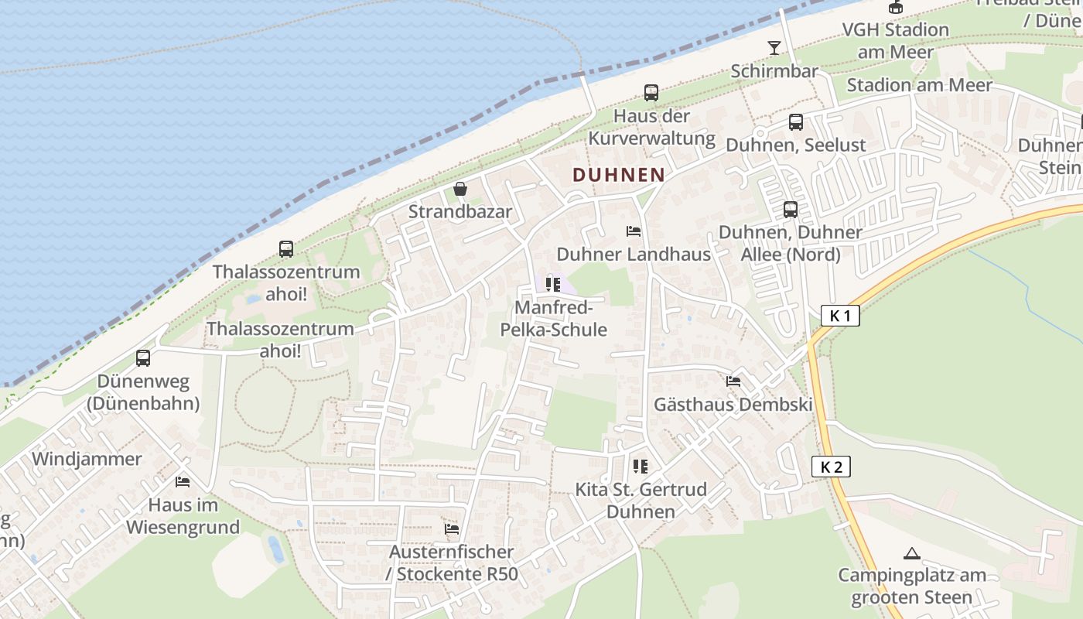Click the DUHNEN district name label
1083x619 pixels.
coord(619,175)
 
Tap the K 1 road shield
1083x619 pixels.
coord(839,316)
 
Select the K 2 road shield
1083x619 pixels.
coord(831,467)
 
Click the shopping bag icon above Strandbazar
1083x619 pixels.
coord(460,189)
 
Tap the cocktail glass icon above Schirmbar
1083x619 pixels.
coord(774,48)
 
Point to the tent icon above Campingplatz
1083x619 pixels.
coord(912,553)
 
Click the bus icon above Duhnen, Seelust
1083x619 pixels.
coord(795,122)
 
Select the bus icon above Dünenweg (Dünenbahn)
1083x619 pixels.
coord(143,358)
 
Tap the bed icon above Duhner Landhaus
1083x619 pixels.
coord(634,231)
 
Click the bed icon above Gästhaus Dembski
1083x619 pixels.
coord(733,381)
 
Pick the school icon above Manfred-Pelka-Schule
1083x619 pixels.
coord(552,285)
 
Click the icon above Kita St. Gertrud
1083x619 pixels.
coord(640,466)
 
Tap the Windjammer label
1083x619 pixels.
coord(87,459)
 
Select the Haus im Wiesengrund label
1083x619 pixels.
coord(183,516)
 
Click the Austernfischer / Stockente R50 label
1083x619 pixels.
coord(452,563)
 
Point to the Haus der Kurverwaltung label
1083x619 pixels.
coord(651,127)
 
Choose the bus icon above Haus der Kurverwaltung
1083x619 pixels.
coord(651,93)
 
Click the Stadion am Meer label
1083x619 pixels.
coord(919,85)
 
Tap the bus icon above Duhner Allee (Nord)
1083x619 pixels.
coord(790,209)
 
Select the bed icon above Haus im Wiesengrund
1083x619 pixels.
coord(183,481)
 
